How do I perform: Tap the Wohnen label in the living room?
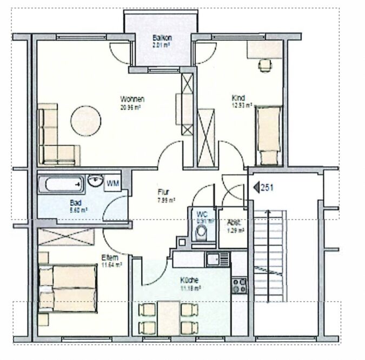(131, 99)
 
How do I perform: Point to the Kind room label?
(237, 97)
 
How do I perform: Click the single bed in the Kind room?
(269, 135)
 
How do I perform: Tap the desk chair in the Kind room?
(264, 65)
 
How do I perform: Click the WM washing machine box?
(112, 183)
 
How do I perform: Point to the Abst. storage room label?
(233, 222)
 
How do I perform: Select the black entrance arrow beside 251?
(256, 188)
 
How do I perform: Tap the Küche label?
(189, 280)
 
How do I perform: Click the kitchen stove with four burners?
(238, 283)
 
